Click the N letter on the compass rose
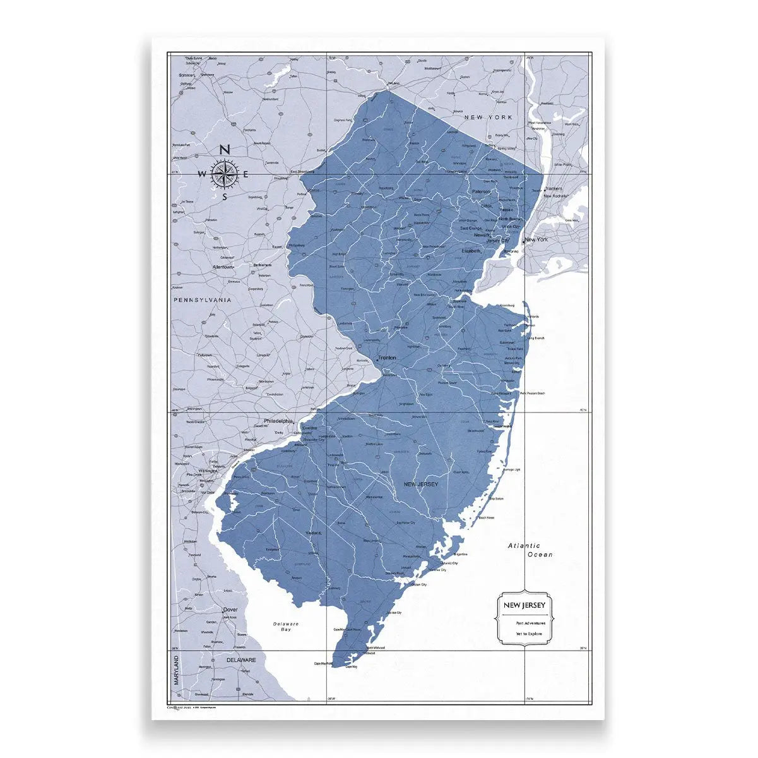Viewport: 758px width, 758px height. (224, 150)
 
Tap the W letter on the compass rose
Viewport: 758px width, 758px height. (202, 174)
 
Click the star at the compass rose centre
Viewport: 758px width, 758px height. (224, 174)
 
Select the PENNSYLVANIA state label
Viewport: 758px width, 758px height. (202, 300)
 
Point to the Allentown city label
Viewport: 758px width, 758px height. (223, 267)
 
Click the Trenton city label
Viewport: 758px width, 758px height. (387, 358)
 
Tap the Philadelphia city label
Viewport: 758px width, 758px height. (278, 421)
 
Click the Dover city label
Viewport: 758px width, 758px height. (230, 610)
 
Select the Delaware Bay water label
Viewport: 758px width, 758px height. (286, 627)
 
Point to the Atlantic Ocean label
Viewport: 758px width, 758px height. (532, 550)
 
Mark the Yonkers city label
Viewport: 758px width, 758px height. (554, 188)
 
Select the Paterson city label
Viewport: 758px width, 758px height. (481, 191)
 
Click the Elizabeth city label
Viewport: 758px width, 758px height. (471, 250)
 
